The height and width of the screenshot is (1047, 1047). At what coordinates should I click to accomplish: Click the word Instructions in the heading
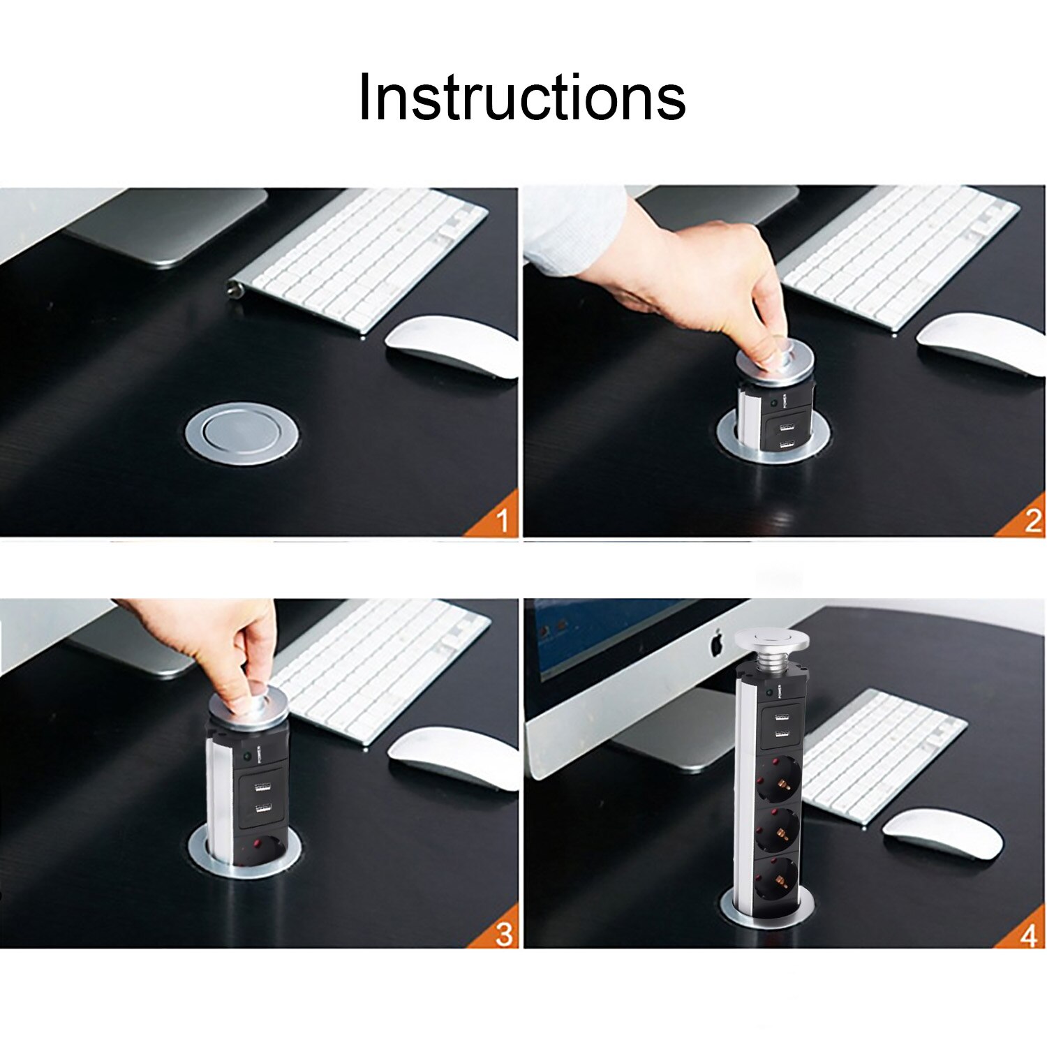pos(522,97)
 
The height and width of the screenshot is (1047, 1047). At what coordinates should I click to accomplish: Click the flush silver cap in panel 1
pos(242,433)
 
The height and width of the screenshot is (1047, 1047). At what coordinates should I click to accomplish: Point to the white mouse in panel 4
pos(942,833)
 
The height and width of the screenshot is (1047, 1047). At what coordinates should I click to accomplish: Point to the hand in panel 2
pos(698,279)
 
